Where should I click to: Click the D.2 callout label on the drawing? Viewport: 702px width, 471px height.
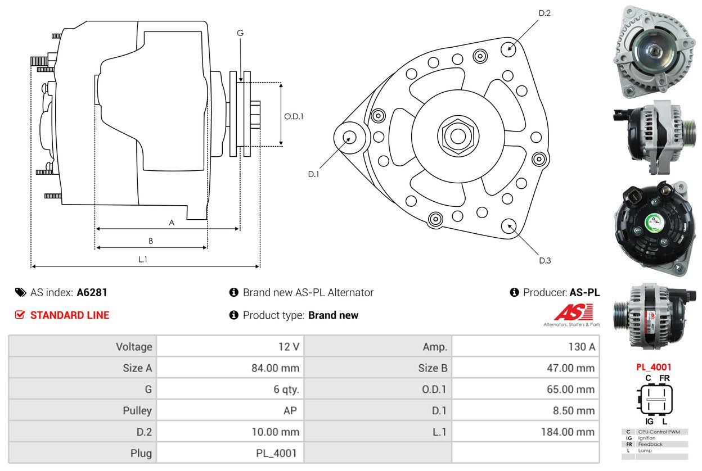tap(544, 13)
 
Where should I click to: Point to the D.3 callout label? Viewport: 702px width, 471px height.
tap(544, 260)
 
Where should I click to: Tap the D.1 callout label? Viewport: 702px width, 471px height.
tap(313, 174)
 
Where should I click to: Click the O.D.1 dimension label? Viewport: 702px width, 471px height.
tap(294, 117)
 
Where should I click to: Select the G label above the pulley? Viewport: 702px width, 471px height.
tap(240, 33)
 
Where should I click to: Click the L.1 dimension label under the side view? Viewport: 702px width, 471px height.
tap(143, 259)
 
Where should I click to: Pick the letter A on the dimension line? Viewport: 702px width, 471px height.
tap(172, 223)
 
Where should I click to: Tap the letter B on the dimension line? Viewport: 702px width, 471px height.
tap(151, 241)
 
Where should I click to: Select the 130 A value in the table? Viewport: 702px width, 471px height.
tap(581, 347)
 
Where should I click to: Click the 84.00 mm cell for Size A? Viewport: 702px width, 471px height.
tap(275, 368)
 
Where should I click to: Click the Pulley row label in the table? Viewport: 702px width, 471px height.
tap(137, 410)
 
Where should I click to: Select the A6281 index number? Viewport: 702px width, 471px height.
tap(92, 292)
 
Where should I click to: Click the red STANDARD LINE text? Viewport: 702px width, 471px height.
tap(70, 315)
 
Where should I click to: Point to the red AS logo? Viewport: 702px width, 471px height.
tap(573, 312)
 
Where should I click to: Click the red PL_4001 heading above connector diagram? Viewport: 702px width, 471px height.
tap(654, 367)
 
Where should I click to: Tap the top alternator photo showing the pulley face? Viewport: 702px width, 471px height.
tap(652, 51)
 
